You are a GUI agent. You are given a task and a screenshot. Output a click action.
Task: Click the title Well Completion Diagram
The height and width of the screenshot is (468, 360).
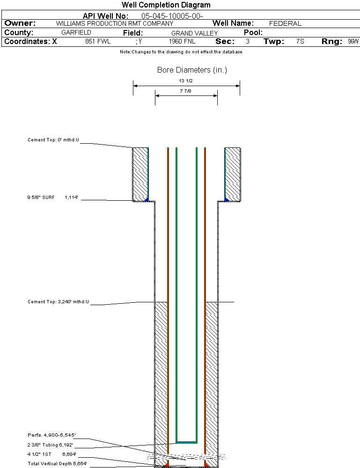click(x=166, y=5)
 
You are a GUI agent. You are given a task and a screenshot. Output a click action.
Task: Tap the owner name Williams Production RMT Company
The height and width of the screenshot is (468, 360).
click(x=114, y=23)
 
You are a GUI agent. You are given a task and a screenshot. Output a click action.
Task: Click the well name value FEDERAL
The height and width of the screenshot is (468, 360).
click(x=285, y=23)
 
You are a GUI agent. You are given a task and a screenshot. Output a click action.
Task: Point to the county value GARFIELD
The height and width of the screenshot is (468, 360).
click(x=76, y=33)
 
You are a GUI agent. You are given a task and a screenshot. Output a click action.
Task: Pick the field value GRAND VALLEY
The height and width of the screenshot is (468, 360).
click(x=194, y=33)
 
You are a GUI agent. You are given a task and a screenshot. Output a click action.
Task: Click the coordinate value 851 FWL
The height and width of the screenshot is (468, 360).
click(x=97, y=42)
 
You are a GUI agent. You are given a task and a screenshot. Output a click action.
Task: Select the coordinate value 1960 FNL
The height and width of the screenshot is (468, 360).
click(x=182, y=42)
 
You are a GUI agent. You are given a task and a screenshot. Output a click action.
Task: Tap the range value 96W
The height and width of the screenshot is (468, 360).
click(x=353, y=42)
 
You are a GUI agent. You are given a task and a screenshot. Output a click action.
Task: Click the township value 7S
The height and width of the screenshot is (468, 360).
click(x=300, y=42)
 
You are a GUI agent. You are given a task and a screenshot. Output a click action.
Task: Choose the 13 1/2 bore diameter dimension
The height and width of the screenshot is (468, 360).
click(x=186, y=81)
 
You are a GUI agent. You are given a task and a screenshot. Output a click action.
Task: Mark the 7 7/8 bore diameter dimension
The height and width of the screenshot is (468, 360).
click(x=186, y=91)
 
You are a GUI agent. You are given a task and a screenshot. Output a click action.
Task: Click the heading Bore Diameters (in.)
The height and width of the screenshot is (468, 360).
click(x=192, y=70)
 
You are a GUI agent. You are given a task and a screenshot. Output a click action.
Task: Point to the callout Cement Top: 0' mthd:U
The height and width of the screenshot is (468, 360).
click(x=53, y=140)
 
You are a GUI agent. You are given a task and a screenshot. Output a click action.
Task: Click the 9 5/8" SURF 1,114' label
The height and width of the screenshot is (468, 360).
click(x=52, y=198)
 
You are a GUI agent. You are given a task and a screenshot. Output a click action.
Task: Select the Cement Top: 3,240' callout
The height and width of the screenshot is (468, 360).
click(x=58, y=302)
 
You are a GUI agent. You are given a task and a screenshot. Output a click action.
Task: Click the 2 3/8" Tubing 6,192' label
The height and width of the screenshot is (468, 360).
click(x=50, y=445)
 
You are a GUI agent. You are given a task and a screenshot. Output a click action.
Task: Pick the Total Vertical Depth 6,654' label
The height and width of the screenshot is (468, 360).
click(x=57, y=463)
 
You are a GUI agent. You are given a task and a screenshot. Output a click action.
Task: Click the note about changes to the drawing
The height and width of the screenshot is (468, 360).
click(x=181, y=52)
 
